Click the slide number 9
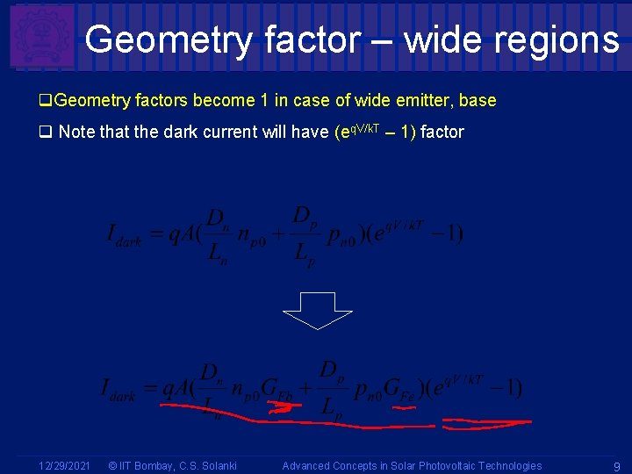click(617, 466)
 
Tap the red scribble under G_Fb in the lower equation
click(280, 406)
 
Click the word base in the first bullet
click(478, 100)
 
